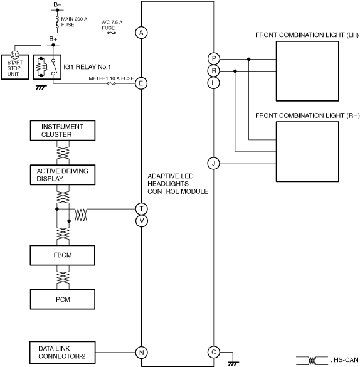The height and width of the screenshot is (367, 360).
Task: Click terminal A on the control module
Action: tap(141, 33)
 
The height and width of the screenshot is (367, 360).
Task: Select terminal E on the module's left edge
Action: tap(141, 83)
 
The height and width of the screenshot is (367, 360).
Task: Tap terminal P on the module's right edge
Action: tap(214, 59)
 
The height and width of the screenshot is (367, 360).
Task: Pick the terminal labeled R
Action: tap(214, 71)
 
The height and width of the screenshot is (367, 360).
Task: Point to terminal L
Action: tap(214, 83)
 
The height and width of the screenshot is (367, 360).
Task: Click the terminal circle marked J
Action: tap(214, 163)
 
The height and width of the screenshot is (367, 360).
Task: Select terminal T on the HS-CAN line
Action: tap(142, 209)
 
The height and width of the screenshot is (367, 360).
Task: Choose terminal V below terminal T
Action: tap(142, 221)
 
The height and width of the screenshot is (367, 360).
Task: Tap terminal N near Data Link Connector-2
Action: tap(142, 353)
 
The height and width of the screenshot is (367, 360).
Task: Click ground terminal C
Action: tap(214, 352)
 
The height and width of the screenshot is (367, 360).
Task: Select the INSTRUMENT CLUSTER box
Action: tap(63, 130)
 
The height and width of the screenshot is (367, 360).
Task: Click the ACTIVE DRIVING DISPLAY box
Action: tap(63, 175)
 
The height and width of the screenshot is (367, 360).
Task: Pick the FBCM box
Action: tap(63, 255)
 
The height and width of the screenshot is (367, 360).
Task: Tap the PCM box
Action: tap(63, 299)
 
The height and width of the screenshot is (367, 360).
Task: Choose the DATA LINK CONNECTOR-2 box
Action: tap(63, 353)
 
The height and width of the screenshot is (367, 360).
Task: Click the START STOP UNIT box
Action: tap(15, 67)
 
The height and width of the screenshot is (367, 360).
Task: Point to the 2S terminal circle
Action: tap(14, 55)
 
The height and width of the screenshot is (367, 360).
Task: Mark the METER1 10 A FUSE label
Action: tap(111, 78)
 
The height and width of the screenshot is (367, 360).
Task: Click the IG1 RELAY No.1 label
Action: tap(87, 67)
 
